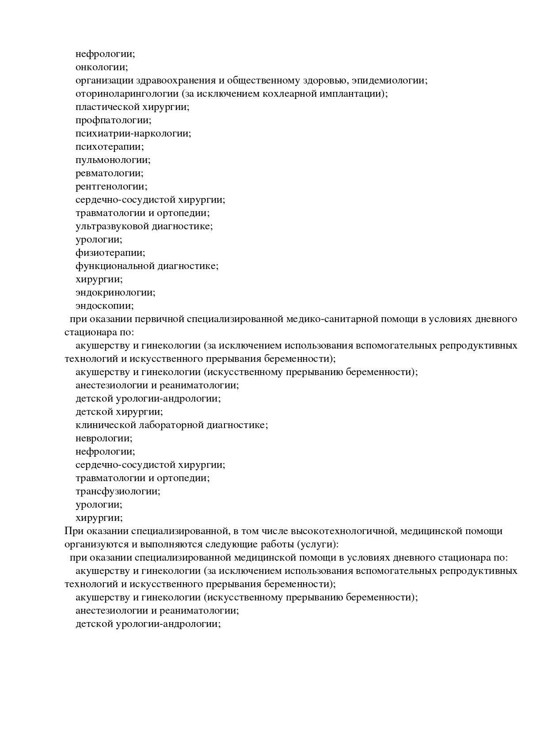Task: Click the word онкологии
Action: pyautogui.click(x=101, y=67)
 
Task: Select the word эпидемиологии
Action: pyautogui.click(x=389, y=80)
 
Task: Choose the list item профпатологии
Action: pyautogui.click(x=113, y=120)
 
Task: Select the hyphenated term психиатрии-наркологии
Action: pyautogui.click(x=133, y=133)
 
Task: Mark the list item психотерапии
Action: pyautogui.click(x=110, y=147)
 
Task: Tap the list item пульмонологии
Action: pyautogui.click(x=113, y=160)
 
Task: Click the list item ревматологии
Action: pyautogui.click(x=109, y=173)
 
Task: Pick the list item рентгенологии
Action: pyautogui.click(x=111, y=186)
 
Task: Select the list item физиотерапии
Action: pyautogui.click(x=110, y=253)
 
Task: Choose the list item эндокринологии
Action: pyautogui.click(x=115, y=292)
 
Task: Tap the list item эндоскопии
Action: pyautogui.click(x=104, y=306)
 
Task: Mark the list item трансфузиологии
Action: pyautogui.click(x=118, y=491)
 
